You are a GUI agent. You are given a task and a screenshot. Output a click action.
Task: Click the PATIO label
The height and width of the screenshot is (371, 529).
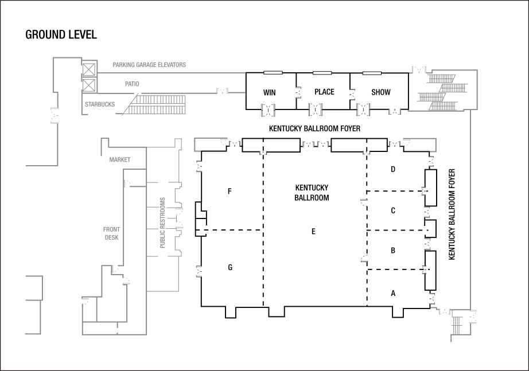132,84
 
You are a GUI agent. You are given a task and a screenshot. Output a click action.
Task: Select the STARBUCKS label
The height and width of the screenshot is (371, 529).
100,104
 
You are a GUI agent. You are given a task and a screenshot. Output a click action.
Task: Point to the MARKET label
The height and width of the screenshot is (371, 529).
120,160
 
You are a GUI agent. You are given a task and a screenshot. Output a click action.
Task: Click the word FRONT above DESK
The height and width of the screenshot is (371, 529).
112,229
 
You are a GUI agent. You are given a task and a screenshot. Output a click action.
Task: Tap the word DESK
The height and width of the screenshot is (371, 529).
111,237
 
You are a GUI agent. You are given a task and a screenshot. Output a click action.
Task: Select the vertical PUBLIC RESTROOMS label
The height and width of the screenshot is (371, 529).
163,222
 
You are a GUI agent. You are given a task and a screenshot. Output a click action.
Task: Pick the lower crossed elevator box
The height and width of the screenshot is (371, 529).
89,86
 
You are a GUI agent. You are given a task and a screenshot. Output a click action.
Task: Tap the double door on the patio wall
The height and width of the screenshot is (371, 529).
222,91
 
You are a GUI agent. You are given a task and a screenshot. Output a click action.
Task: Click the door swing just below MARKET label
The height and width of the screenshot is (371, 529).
130,183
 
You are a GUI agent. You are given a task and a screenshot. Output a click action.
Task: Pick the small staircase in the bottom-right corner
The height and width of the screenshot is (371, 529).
457,326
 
